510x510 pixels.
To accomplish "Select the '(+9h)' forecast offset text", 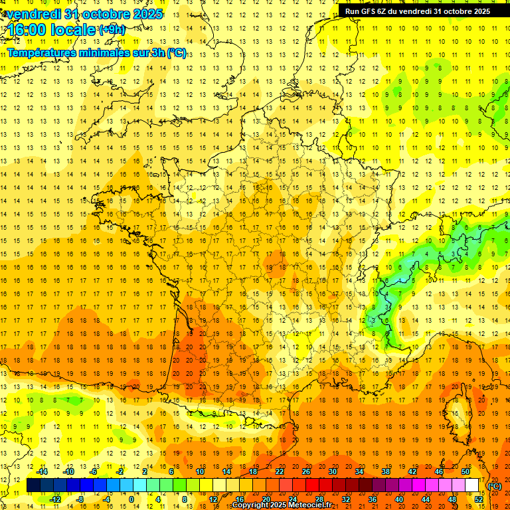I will (x=112, y=30).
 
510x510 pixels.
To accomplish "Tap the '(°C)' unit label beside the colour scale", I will (x=495, y=486).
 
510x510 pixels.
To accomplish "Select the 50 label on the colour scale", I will (x=466, y=471).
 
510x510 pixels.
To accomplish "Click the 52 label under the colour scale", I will (x=479, y=499).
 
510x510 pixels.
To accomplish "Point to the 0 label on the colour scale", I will (x=131, y=499).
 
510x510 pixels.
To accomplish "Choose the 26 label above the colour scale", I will (x=306, y=471).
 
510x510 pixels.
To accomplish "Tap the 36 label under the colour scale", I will (x=373, y=499).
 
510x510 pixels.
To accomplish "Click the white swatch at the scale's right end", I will (x=472, y=485).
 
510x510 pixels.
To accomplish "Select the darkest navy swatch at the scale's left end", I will (x=33, y=485).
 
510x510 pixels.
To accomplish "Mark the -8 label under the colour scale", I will (x=80, y=499).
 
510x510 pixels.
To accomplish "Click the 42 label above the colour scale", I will (x=412, y=471).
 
